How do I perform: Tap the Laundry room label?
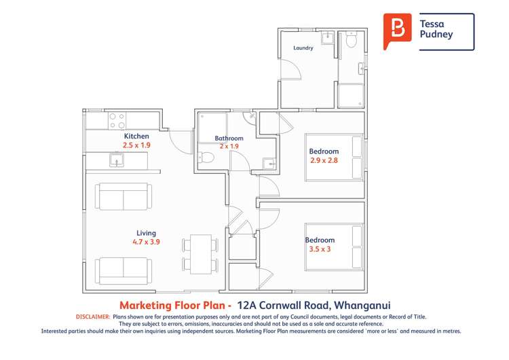pyautogui.click(x=303, y=48)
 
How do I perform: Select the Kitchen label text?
pyautogui.click(x=136, y=137)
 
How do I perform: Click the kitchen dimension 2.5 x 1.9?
pyautogui.click(x=136, y=145)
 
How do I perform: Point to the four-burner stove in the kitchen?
pyautogui.click(x=117, y=121)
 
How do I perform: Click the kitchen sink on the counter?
pyautogui.click(x=117, y=161)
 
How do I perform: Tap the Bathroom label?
pyautogui.click(x=229, y=139)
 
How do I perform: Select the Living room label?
pyautogui.click(x=146, y=233)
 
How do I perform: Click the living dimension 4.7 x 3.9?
pyautogui.click(x=146, y=242)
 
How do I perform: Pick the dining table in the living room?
pyautogui.click(x=200, y=253)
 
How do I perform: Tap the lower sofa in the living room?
pyautogui.click(x=123, y=271)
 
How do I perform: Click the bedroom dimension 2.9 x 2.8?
pyautogui.click(x=324, y=160)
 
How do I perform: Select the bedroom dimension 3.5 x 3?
pyautogui.click(x=319, y=249)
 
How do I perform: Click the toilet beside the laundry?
pyautogui.click(x=351, y=42)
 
